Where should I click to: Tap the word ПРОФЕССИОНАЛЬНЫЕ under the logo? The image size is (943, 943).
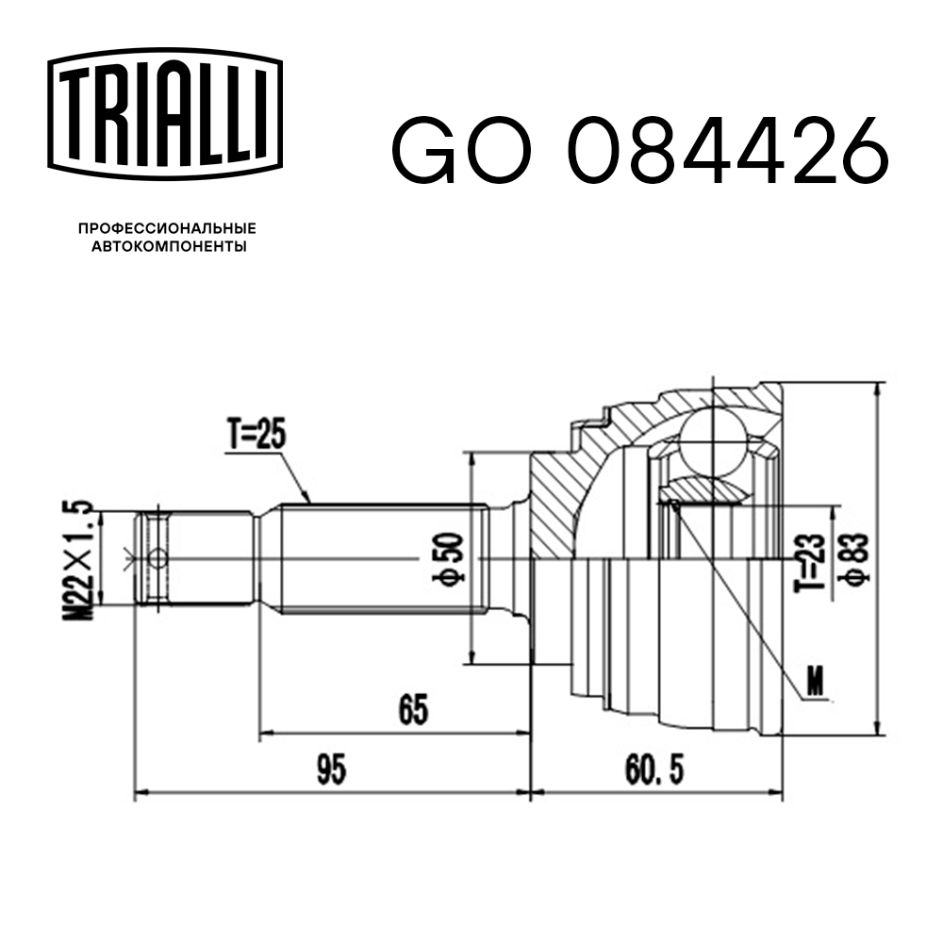coord(167,228)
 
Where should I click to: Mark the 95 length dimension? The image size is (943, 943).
coord(330,771)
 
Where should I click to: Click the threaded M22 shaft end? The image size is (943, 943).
coord(198,559)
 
